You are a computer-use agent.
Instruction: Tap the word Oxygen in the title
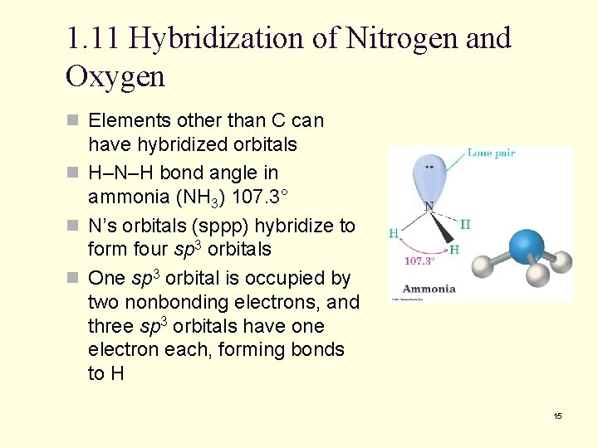click(115, 76)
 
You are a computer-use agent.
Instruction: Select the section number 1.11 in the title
click(93, 38)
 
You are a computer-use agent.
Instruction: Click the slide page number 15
click(557, 416)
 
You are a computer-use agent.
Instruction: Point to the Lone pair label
click(491, 153)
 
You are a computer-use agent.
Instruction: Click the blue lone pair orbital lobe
click(429, 175)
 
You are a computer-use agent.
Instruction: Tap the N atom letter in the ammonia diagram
click(429, 206)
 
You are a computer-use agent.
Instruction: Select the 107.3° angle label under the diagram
click(419, 261)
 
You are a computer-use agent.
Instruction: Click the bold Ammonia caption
click(429, 289)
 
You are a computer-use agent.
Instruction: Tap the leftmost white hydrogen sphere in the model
click(481, 265)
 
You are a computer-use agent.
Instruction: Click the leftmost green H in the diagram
click(394, 233)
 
